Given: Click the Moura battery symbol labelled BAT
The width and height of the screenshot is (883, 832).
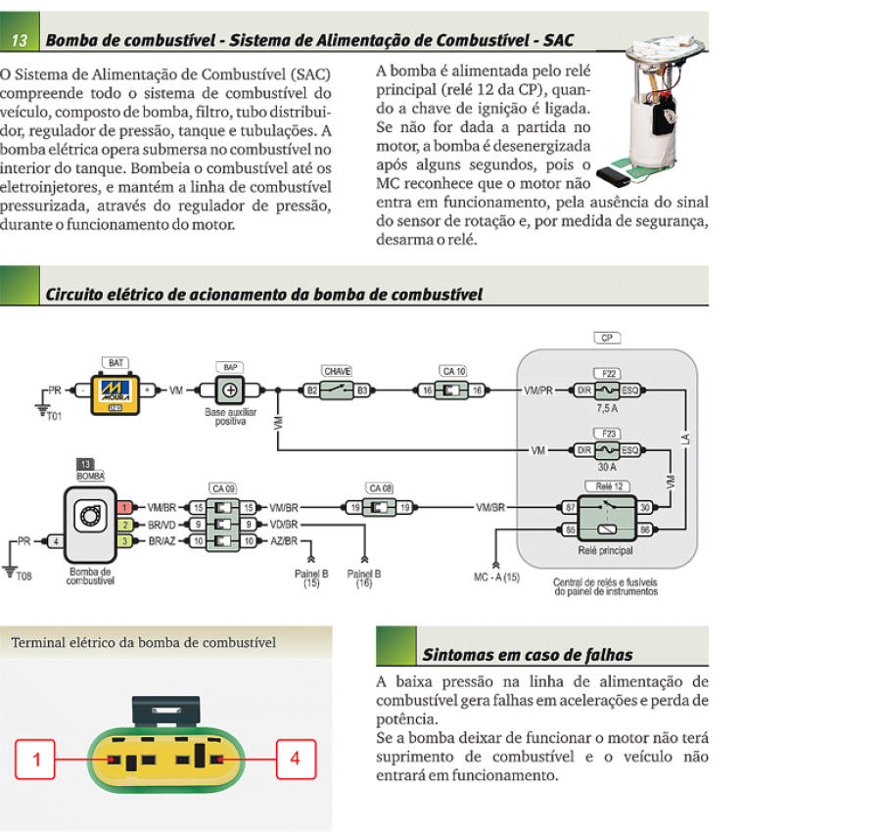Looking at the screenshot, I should click(x=119, y=392).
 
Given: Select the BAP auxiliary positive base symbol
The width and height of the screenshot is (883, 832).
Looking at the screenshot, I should click(x=231, y=391).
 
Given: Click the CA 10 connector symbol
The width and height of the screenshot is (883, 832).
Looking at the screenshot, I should click(x=452, y=391).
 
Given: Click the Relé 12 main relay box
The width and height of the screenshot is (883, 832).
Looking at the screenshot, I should click(x=607, y=517).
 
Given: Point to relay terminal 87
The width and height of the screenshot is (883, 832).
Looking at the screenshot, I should click(x=571, y=507).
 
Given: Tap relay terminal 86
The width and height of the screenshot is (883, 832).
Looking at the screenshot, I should click(x=645, y=529).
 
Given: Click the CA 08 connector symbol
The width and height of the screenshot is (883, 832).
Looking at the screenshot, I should click(x=380, y=507).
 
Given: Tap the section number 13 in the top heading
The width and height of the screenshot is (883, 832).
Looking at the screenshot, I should click(x=20, y=40).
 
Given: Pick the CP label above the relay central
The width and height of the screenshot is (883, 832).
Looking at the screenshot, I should click(x=607, y=338).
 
